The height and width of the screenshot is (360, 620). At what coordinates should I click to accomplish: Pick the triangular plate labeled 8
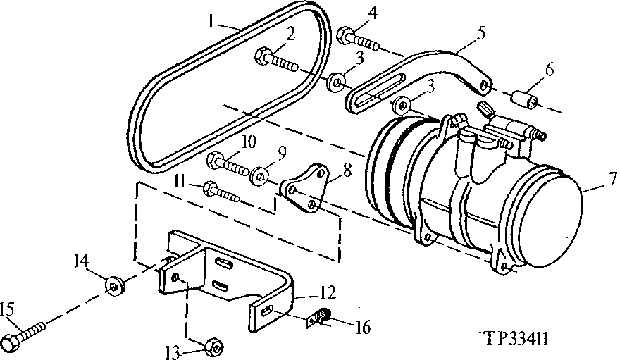click(304, 192)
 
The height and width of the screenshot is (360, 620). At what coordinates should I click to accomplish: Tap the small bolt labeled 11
click(220, 190)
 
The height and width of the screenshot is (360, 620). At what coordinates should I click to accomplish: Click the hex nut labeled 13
click(213, 347)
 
